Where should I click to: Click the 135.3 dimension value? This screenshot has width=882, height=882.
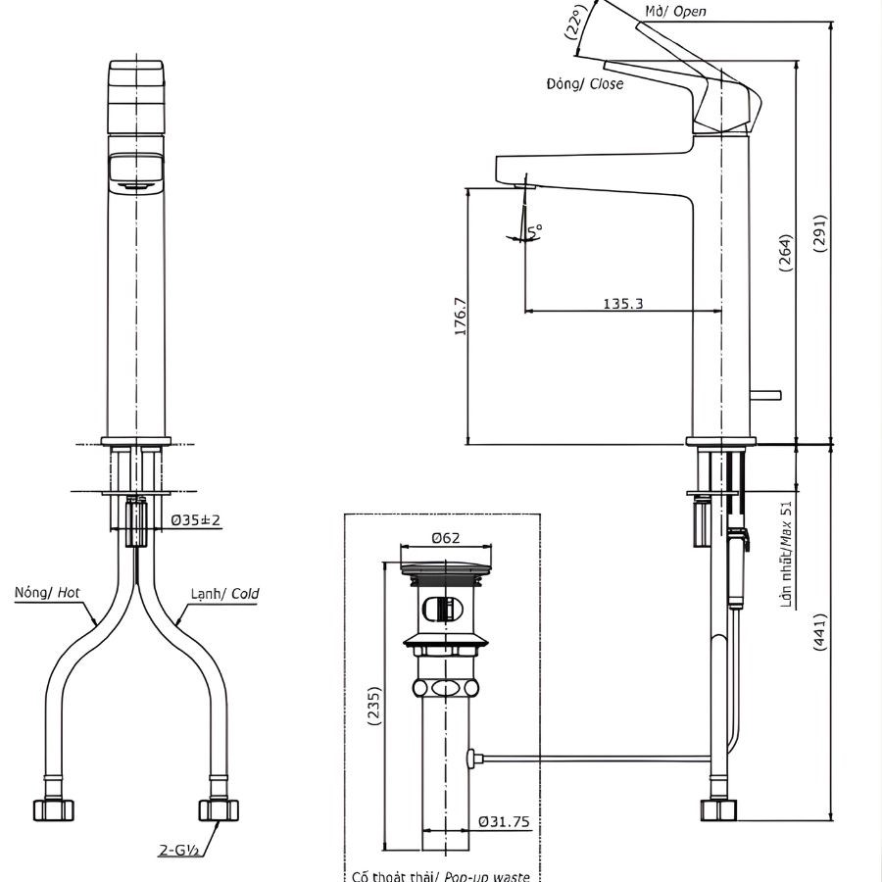[x=622, y=304]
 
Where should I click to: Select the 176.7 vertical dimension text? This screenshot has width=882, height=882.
[x=462, y=317]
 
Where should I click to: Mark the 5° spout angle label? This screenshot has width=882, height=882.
[x=534, y=230]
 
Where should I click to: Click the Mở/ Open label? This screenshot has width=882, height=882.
[x=675, y=12]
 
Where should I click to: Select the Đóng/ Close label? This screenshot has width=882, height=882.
[x=584, y=84]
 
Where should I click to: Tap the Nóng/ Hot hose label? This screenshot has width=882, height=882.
[x=47, y=593]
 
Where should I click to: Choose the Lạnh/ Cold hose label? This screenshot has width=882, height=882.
[x=224, y=593]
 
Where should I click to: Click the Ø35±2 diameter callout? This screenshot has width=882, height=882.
[x=196, y=521]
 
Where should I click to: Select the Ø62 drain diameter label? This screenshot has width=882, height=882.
[x=446, y=537]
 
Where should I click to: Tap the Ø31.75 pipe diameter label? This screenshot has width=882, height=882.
[x=506, y=821]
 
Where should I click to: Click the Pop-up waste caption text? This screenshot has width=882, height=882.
[x=440, y=875]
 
